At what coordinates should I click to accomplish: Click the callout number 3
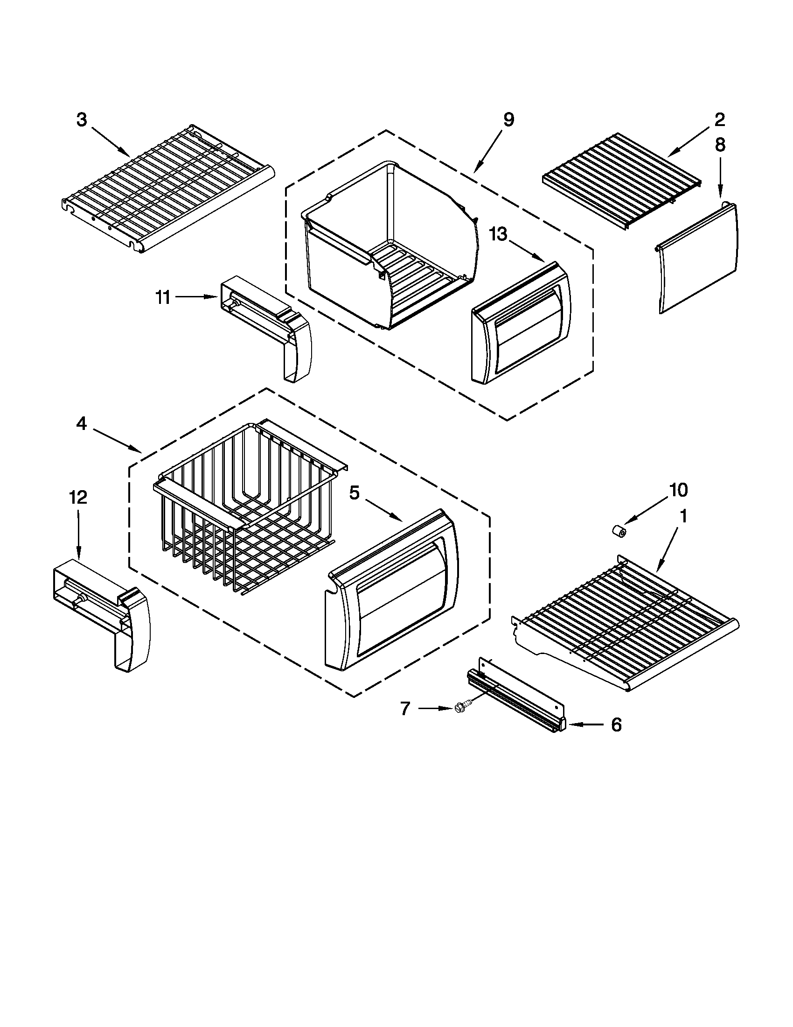tap(82, 120)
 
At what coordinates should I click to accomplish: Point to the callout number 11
tap(163, 298)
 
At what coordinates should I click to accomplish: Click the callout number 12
tap(78, 497)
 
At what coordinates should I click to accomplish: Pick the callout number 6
tap(616, 725)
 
